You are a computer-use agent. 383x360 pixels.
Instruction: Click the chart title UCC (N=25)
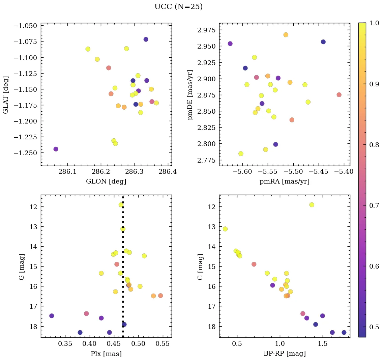[178, 7]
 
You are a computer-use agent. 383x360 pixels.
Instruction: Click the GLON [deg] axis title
[106, 182]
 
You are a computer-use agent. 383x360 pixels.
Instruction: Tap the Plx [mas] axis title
[106, 354]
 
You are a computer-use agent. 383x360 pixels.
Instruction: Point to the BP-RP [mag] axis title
[285, 354]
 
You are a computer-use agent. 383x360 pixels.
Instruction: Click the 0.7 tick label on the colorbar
[374, 205]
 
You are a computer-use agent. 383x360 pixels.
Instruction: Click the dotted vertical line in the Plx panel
[123, 270]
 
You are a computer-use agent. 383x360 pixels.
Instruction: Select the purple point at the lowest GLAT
[56, 149]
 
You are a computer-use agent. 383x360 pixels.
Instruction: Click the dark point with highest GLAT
[146, 39]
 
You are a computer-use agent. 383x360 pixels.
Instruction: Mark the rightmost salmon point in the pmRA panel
[339, 95]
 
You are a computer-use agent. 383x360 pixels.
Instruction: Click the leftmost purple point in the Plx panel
[52, 316]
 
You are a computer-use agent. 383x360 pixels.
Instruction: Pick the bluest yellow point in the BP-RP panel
[225, 229]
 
